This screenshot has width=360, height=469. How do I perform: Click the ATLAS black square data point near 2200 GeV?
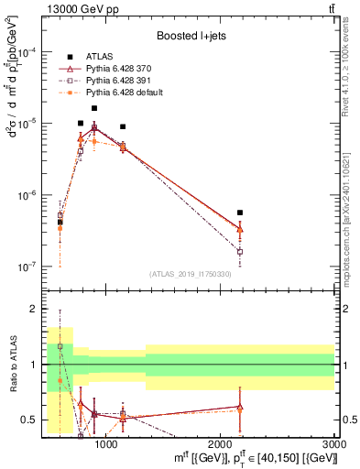point(240,213)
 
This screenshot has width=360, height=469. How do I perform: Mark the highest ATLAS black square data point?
point(94,108)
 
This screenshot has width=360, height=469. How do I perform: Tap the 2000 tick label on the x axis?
point(221,443)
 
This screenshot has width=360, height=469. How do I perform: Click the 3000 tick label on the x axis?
point(333,443)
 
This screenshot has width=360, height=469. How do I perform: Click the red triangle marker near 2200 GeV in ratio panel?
point(240,407)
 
